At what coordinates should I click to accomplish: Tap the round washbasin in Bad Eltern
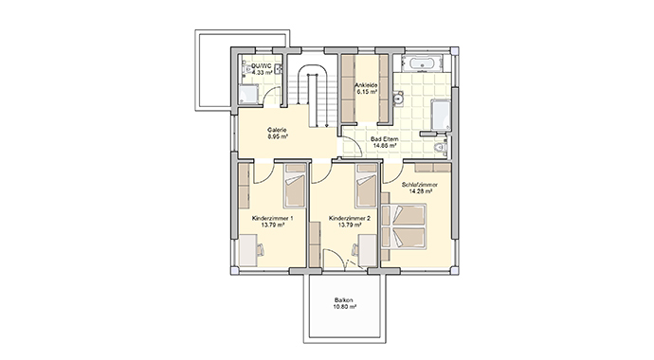click(399, 99)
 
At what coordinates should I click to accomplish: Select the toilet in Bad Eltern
click(440, 148)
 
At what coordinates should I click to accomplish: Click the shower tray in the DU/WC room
click(249, 94)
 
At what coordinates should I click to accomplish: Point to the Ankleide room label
click(366, 85)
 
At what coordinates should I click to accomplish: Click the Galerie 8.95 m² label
click(277, 133)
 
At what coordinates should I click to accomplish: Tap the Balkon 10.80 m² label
click(344, 303)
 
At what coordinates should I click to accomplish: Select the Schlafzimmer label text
click(419, 185)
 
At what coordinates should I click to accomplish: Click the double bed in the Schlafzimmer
click(404, 226)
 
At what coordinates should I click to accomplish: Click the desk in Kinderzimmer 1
click(247, 250)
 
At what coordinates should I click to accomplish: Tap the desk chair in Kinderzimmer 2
click(354, 250)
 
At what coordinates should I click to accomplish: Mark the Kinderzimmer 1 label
click(272, 218)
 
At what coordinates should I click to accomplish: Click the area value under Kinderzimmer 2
click(350, 225)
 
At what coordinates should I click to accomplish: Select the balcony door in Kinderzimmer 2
click(334, 260)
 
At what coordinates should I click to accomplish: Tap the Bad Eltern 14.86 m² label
click(384, 142)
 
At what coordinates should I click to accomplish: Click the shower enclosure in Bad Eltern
click(441, 115)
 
